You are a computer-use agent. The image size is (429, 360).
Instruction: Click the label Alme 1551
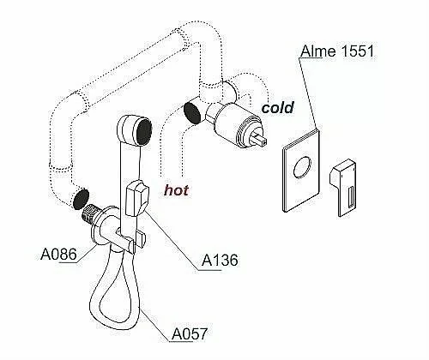pyautogui.click(x=337, y=51)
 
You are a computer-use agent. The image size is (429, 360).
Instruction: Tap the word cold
pyautogui.click(x=278, y=108)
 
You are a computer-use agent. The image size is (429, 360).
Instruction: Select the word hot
pyautogui.click(x=177, y=190)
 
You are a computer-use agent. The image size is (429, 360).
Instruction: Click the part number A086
pyautogui.click(x=59, y=254)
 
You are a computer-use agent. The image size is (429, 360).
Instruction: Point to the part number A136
pyautogui.click(x=220, y=261)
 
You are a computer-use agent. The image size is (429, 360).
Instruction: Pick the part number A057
pyautogui.click(x=190, y=333)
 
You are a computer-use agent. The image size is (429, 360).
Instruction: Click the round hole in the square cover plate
pyautogui.click(x=302, y=167)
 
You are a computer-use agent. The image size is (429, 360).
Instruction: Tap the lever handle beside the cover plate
pyautogui.click(x=342, y=187)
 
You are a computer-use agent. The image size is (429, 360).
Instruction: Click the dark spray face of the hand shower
pyautogui.click(x=144, y=133)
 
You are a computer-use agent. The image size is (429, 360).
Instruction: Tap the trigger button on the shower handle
pyautogui.click(x=137, y=199)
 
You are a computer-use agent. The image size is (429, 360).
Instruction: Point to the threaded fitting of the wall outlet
pyautogui.click(x=90, y=214)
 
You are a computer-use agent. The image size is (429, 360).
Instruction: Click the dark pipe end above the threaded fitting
pyautogui.click(x=81, y=199)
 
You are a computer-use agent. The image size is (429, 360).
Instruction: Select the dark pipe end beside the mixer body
pyautogui.click(x=192, y=112)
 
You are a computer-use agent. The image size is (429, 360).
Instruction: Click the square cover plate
pyautogui.click(x=301, y=171)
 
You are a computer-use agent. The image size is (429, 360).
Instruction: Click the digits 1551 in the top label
pyautogui.click(x=358, y=51)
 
